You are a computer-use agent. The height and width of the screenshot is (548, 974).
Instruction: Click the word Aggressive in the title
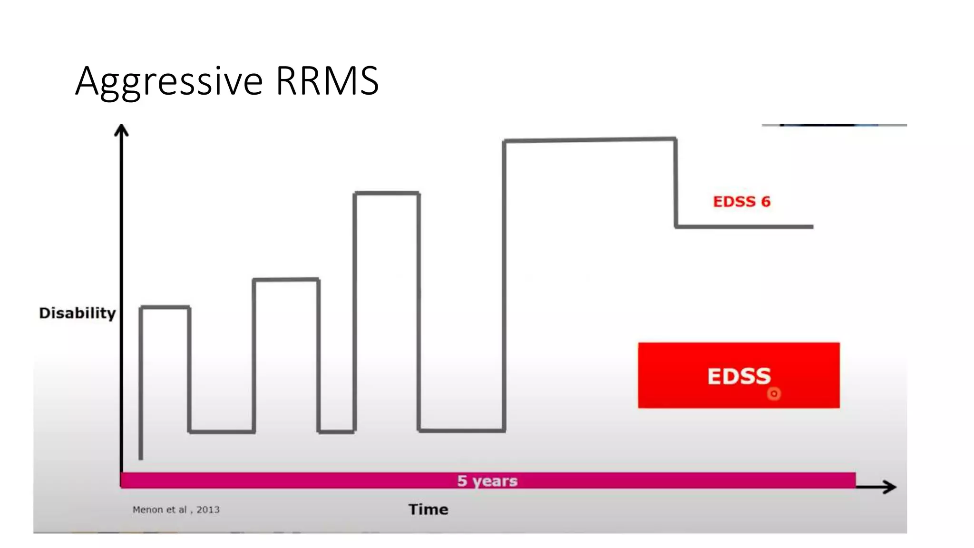coord(169,82)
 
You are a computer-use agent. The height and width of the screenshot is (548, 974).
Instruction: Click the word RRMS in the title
coord(327,81)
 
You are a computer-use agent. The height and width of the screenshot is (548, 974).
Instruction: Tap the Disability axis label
coord(78,313)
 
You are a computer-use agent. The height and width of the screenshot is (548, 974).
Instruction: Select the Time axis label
coord(428,509)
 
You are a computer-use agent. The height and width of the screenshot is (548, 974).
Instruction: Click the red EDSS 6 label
coord(741,202)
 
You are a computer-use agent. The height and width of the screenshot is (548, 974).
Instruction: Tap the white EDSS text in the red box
coord(739,376)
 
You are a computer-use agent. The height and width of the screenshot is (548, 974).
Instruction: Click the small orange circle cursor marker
coord(774,394)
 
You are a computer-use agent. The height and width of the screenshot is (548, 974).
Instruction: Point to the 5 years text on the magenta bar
coord(487,481)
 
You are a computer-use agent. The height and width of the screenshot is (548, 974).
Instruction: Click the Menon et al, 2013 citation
coord(176,510)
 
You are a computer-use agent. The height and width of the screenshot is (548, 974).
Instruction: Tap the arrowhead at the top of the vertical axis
coord(122,129)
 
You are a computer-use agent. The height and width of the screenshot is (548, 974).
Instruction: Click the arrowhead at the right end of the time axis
coord(889,487)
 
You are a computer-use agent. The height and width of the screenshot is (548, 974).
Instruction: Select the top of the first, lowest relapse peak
coord(165,308)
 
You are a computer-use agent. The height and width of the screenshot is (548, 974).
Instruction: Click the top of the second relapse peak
coord(286,280)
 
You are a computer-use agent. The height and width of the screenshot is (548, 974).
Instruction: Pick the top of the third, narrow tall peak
coord(387,193)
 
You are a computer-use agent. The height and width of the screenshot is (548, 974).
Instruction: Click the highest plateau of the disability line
coord(590,140)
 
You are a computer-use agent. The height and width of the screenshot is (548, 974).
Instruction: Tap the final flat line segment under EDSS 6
coord(744,227)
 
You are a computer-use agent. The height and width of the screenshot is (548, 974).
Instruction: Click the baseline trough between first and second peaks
coord(222,432)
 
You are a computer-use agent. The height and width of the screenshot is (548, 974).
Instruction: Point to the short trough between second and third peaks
coord(336,432)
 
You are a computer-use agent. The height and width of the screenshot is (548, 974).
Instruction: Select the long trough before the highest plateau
coord(461,431)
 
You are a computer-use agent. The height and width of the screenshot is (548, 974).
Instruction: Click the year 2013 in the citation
coord(208,510)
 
